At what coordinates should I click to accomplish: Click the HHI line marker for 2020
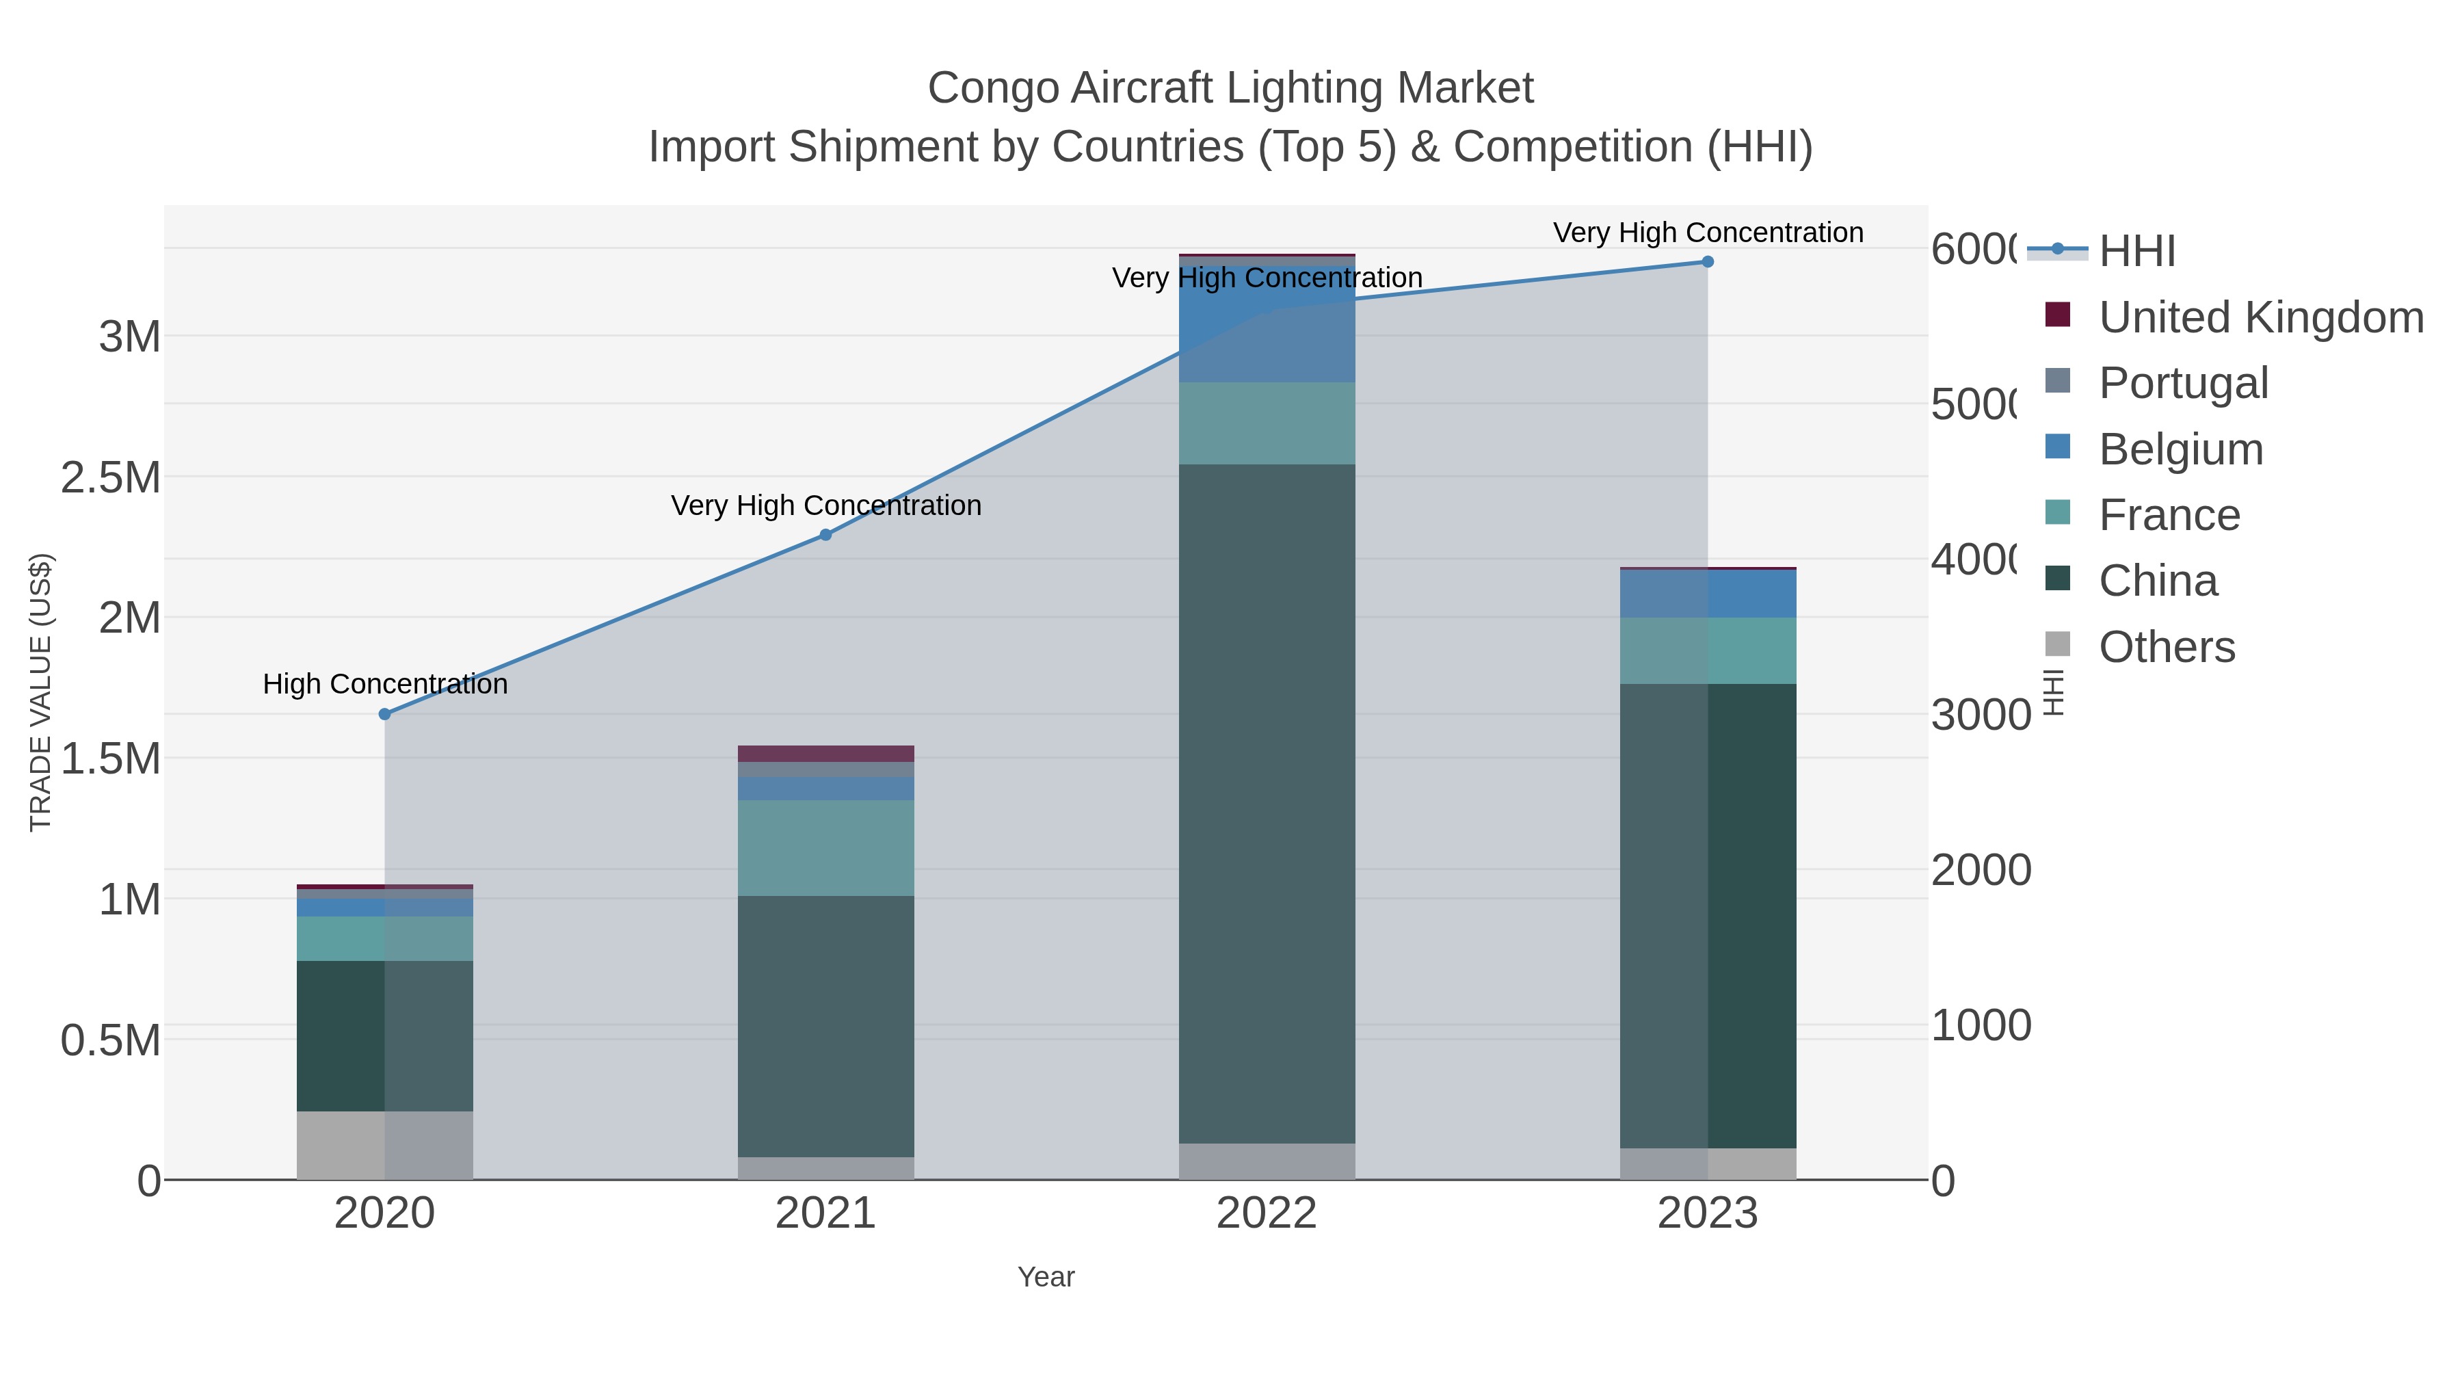[385, 714]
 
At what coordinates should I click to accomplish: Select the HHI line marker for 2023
[1707, 262]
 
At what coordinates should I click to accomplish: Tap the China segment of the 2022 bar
[1267, 803]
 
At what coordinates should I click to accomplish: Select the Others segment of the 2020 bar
[385, 1145]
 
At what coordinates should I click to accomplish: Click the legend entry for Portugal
[2183, 383]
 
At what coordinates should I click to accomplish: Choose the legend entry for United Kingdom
[2260, 317]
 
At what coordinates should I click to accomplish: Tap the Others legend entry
[2166, 647]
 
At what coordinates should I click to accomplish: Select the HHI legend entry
[2137, 252]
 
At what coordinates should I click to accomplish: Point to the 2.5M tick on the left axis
[111, 477]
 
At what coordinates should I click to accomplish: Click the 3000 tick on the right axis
[1981, 715]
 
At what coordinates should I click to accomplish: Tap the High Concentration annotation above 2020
[385, 685]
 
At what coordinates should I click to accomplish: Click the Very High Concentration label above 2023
[1707, 233]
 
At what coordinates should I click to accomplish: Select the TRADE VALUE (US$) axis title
[40, 692]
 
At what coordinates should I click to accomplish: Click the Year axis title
[1046, 1277]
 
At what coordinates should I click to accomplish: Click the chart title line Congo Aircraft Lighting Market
[1230, 88]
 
